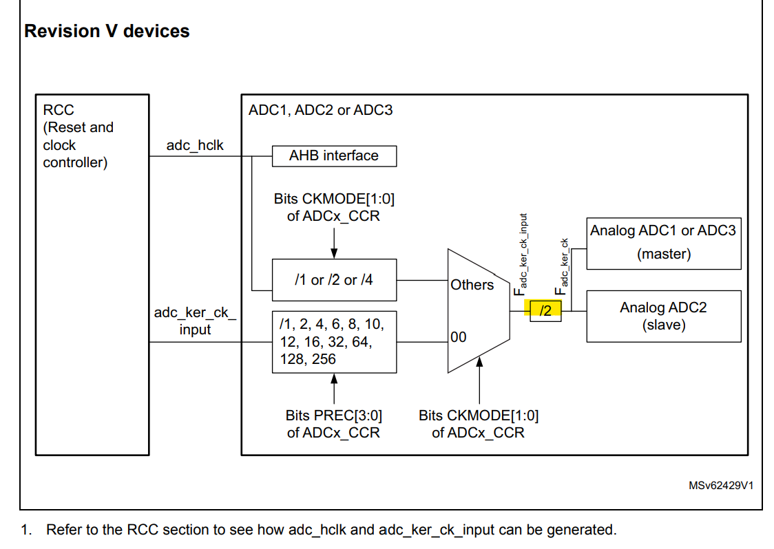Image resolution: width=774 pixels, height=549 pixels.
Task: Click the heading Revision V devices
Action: (107, 31)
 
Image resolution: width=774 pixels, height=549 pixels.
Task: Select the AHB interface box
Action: (334, 155)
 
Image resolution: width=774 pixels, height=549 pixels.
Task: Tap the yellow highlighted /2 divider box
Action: (545, 311)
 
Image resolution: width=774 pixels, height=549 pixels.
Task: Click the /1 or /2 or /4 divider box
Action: (334, 280)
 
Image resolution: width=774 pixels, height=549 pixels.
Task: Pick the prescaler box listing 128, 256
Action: (334, 341)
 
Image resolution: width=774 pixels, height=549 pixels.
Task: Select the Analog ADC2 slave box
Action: (663, 316)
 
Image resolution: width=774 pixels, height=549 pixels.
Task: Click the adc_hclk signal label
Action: (195, 146)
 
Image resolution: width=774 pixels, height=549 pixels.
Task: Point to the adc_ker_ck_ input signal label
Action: (195, 321)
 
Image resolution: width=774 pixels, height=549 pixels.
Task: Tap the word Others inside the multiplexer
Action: (472, 285)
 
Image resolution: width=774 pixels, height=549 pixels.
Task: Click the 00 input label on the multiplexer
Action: (459, 337)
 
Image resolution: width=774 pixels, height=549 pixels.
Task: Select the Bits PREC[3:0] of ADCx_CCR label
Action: (334, 424)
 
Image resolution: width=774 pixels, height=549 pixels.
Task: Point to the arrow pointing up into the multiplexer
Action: (479, 385)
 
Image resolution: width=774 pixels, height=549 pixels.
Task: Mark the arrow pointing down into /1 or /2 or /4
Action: (334, 242)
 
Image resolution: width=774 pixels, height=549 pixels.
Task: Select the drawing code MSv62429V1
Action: (720, 485)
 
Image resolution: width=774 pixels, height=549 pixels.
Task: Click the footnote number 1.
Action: (26, 530)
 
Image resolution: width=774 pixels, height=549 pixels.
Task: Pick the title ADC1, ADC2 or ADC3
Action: (321, 110)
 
